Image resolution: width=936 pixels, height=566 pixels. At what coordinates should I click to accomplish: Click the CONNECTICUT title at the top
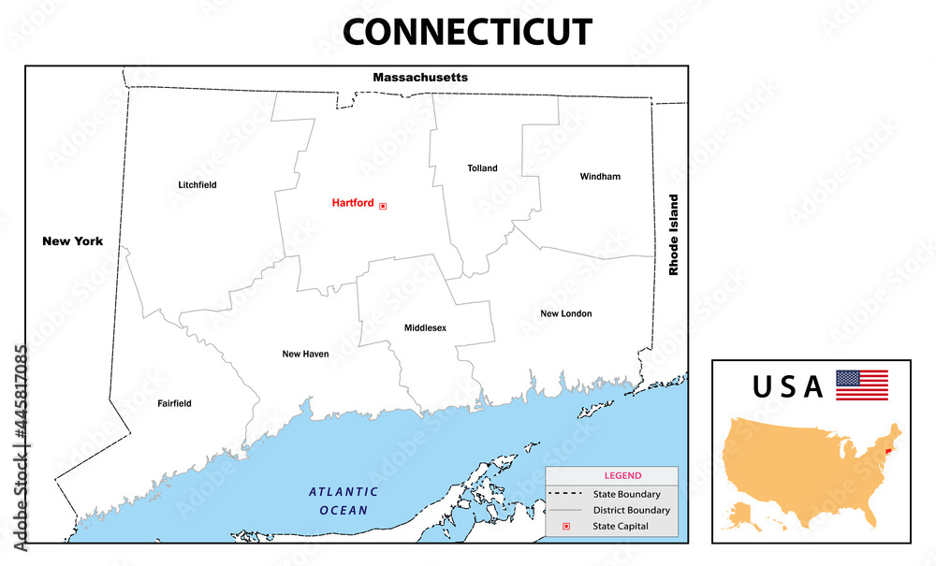coord(467,32)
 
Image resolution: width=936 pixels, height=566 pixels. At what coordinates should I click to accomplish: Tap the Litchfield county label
coord(197,185)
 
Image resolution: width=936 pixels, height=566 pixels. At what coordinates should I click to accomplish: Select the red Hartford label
coord(353,203)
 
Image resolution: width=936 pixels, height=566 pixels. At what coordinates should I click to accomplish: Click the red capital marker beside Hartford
coord(383,206)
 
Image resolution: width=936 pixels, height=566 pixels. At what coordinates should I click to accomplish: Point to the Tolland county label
coord(482,168)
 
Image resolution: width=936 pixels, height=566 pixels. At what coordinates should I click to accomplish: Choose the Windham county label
coord(600,176)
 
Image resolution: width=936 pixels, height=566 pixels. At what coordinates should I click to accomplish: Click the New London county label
coord(565,313)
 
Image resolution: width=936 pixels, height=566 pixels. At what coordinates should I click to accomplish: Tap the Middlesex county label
coord(425,328)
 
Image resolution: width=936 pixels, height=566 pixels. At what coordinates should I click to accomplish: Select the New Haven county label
coord(305,355)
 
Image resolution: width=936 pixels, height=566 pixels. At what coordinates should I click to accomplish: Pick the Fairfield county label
coord(174,403)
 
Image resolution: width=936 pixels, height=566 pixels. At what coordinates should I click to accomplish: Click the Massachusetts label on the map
coord(420,77)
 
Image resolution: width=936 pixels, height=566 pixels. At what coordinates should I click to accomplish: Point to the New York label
coord(73,241)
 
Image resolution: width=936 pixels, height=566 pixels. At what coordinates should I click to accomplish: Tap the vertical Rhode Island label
coord(672,235)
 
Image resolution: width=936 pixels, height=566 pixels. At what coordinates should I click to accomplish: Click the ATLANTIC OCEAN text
coord(344,501)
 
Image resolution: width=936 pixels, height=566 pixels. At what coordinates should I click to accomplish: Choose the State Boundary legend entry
coord(626,494)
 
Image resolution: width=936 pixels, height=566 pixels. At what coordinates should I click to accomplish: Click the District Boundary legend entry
coord(631,511)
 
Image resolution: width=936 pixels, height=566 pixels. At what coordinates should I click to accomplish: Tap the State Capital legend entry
coord(621,527)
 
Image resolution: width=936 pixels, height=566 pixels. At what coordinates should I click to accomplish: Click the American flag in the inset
coord(861,385)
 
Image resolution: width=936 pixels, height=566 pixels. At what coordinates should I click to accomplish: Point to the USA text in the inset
coord(787,385)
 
